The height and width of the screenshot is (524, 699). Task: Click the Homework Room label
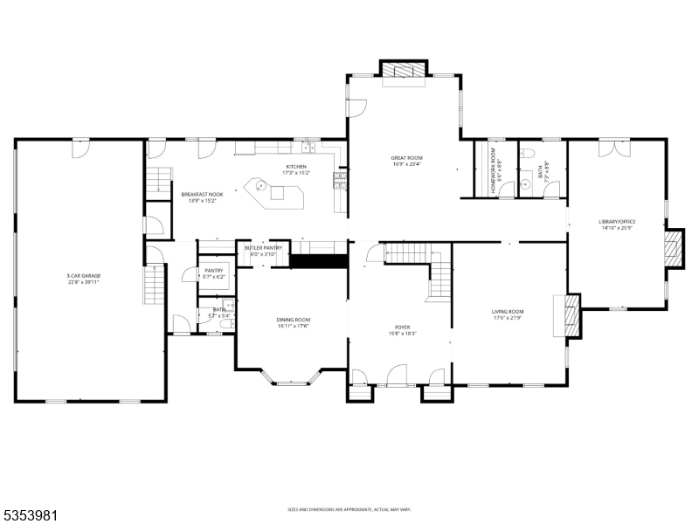click(x=493, y=165)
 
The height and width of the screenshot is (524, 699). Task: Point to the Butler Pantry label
click(x=263, y=248)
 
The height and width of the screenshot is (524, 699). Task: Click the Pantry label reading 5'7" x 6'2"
click(x=214, y=276)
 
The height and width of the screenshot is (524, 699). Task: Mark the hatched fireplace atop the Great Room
click(x=405, y=70)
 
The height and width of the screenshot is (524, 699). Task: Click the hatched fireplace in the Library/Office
click(x=673, y=248)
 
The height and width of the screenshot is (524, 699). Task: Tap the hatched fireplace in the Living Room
click(x=571, y=314)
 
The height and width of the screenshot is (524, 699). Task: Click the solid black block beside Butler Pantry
click(x=319, y=259)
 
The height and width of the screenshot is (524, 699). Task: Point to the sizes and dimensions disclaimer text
click(x=349, y=509)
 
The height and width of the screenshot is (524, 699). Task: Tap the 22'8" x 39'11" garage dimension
click(x=84, y=281)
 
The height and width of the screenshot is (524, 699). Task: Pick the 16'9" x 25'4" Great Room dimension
click(x=406, y=163)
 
